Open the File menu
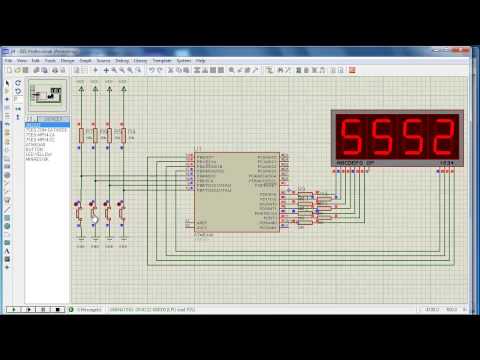pos(9,60)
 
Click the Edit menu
pos(36,60)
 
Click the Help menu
pos(201,60)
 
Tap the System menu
pos(184,60)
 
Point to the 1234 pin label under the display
pos(446,161)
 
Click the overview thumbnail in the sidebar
pos(45,96)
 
